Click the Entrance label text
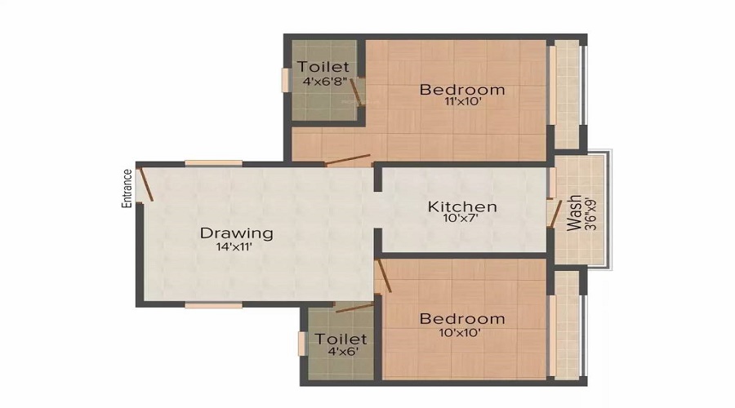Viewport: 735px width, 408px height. [x=127, y=189]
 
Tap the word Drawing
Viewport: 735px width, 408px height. [x=237, y=233]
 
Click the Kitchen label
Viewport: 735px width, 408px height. [x=462, y=206]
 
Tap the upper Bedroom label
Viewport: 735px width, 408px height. [x=462, y=89]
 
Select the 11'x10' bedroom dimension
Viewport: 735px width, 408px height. [x=462, y=103]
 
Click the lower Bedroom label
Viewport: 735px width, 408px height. [x=462, y=318]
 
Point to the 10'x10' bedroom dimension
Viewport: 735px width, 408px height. [x=462, y=332]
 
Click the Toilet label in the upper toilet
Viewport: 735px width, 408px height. [x=324, y=67]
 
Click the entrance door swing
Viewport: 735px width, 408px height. [x=145, y=184]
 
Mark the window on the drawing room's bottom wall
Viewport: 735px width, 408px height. [x=212, y=305]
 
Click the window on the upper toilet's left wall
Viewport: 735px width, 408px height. [x=286, y=79]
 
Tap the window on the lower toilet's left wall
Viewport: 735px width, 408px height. [x=302, y=344]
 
